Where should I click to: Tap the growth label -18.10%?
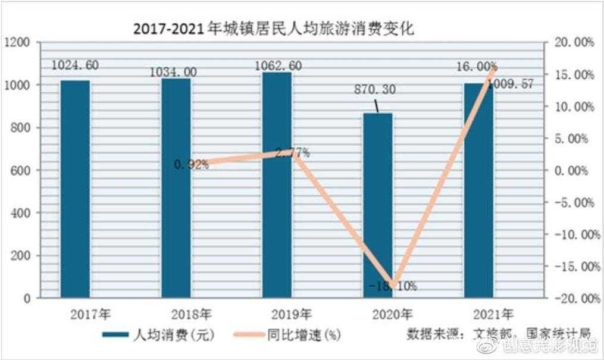point(393,286)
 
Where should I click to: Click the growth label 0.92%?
point(192,165)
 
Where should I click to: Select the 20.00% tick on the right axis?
point(572,42)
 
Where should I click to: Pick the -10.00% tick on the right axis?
point(572,234)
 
